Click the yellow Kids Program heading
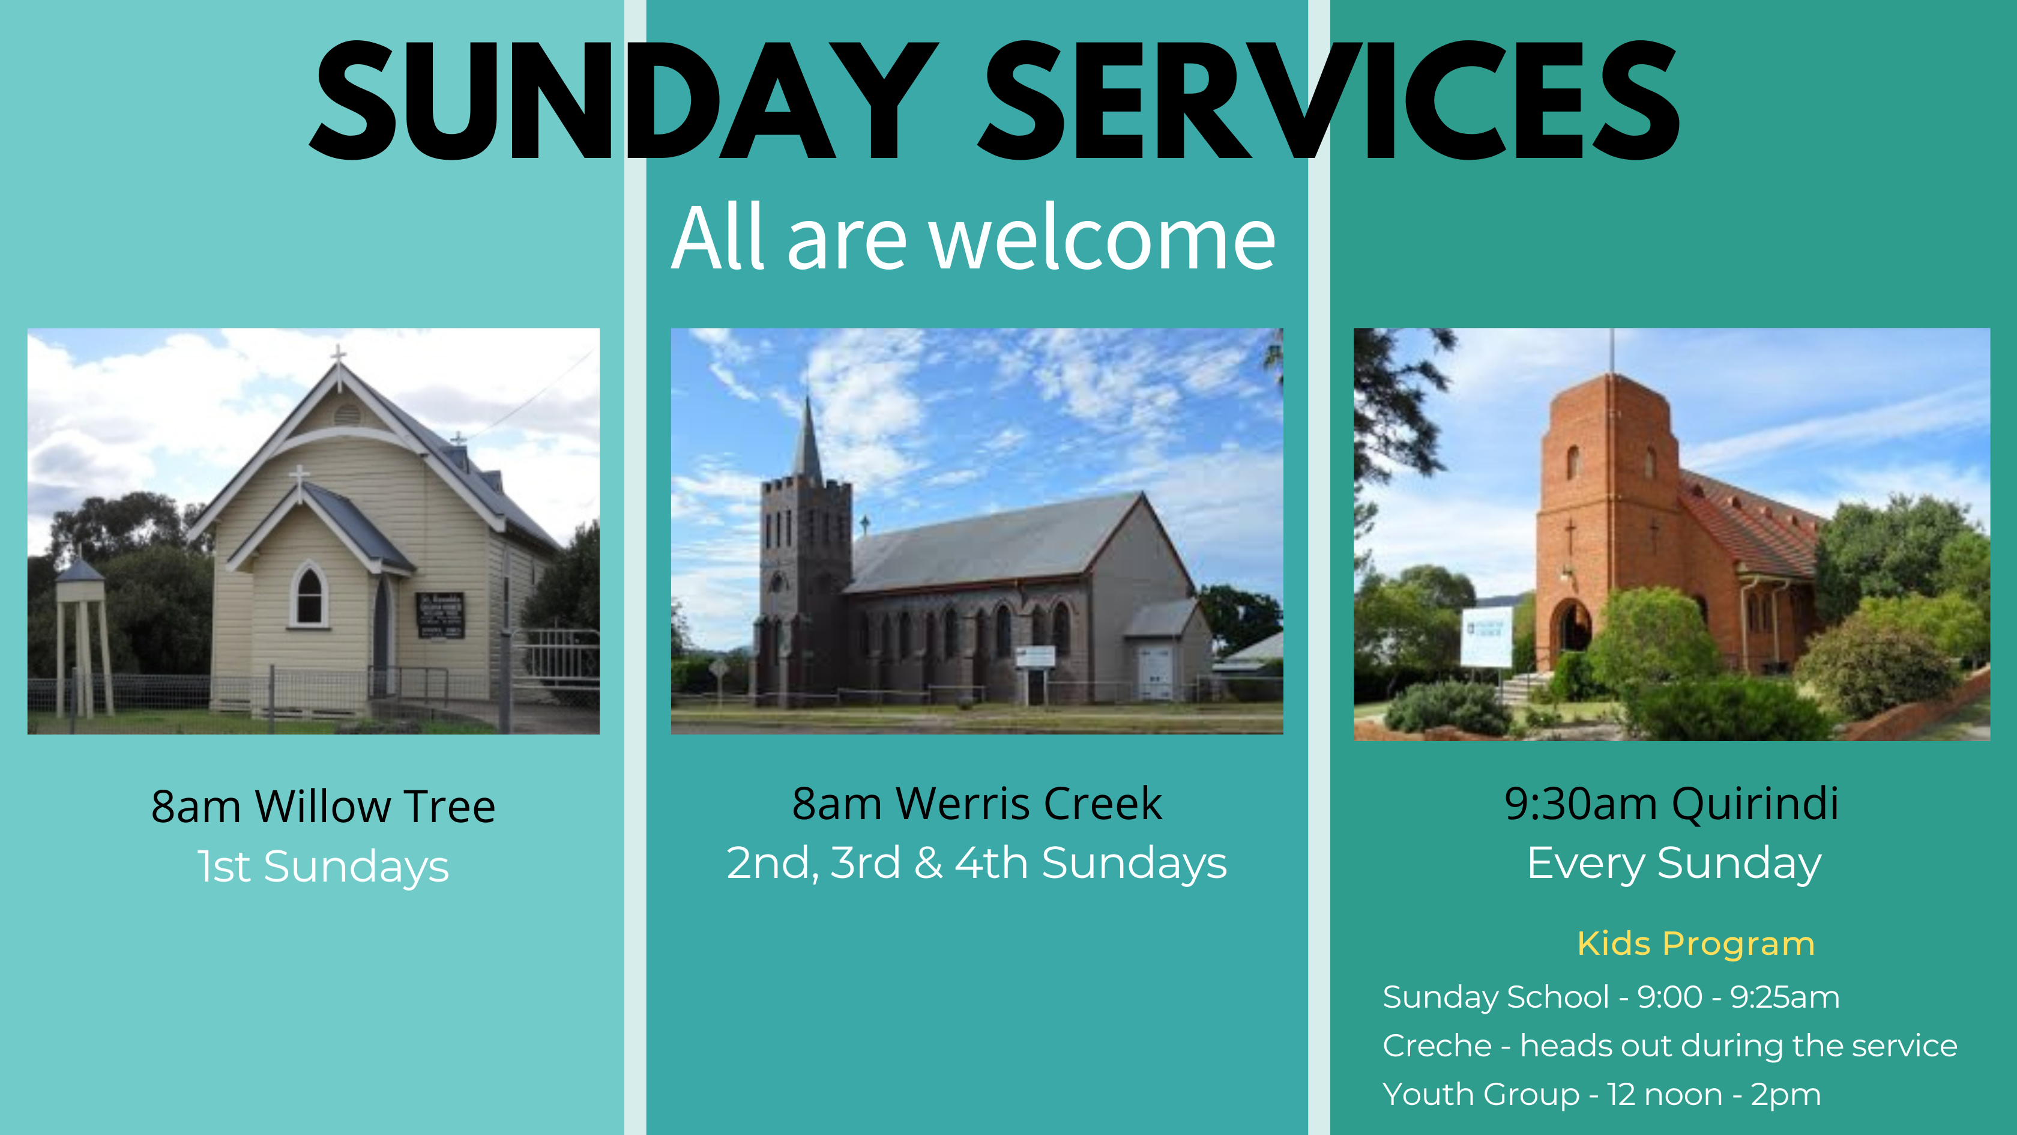(x=1696, y=945)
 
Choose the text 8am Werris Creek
(x=977, y=803)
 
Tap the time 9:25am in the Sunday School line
(x=1785, y=997)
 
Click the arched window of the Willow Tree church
(x=309, y=595)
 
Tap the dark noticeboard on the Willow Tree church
(x=440, y=615)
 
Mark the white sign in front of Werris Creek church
(x=1034, y=656)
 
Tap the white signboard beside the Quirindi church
(x=1486, y=636)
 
